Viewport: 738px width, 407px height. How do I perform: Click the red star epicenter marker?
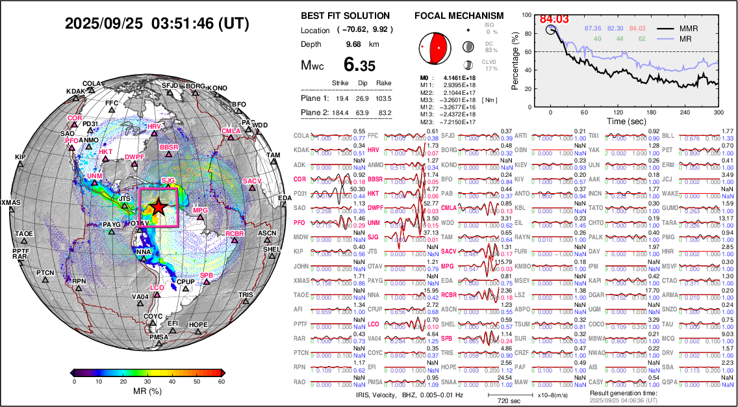pos(158,207)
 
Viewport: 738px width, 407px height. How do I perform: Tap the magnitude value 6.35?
pos(359,66)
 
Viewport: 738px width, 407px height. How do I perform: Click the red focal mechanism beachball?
pos(433,46)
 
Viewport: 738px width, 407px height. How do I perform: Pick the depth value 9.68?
pos(353,44)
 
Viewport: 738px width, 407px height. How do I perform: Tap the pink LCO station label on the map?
pos(157,287)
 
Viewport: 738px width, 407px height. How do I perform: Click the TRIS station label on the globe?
pos(245,295)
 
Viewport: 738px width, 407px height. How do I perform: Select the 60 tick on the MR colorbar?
pos(222,381)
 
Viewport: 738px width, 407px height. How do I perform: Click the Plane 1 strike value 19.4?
pos(340,98)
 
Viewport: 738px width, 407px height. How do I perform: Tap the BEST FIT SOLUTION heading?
pos(346,16)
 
